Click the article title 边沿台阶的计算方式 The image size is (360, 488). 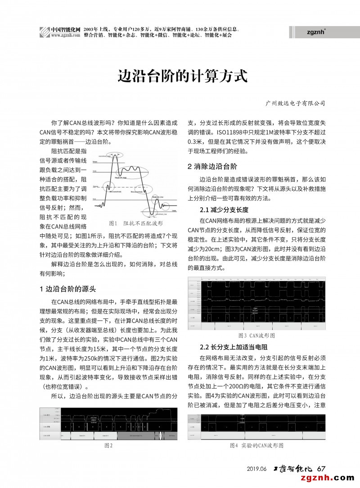(183, 75)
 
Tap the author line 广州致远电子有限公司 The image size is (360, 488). (295, 103)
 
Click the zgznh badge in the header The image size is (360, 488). (316, 31)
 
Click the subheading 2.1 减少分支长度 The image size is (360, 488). (224, 210)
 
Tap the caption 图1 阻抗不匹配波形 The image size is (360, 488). (135, 223)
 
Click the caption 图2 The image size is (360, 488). (108, 445)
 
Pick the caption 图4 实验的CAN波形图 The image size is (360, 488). (256, 445)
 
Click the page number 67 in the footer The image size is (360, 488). (321, 468)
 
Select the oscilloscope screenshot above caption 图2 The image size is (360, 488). (108, 423)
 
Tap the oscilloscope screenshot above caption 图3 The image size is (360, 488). (256, 304)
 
